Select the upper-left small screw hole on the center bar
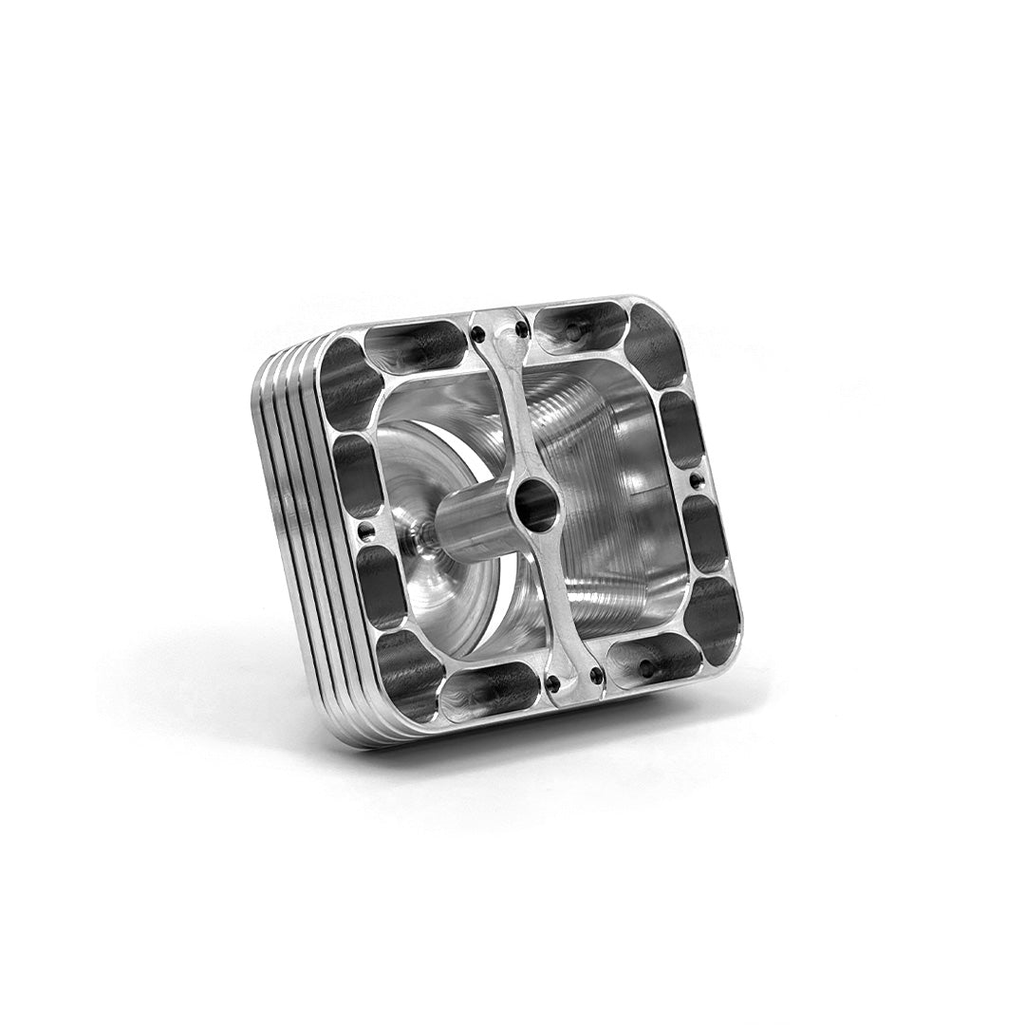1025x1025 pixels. pos(477,334)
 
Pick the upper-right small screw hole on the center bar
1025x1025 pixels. pos(520,329)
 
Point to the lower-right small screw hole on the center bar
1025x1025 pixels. pos(596,676)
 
